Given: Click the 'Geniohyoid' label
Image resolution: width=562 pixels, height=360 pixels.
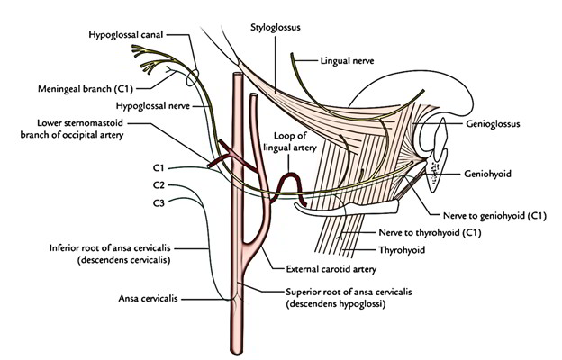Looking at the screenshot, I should click(490, 173).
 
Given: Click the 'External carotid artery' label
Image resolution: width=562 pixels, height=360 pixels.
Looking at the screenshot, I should click(330, 269).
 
